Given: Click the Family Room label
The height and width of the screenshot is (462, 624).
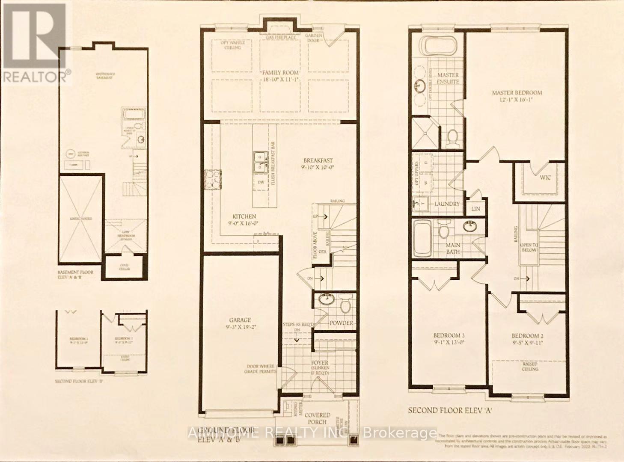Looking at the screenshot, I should [x=280, y=72].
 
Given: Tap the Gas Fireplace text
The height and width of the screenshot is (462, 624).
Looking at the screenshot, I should [x=280, y=37].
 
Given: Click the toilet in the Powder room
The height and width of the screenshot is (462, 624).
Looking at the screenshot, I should [x=345, y=305].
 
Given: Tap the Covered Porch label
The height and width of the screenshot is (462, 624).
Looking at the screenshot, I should [x=317, y=418].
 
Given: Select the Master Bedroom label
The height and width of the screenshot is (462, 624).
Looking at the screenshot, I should [x=517, y=92].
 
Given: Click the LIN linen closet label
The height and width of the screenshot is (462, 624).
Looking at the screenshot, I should [x=475, y=208].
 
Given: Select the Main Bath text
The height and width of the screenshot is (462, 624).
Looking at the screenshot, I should [x=453, y=249].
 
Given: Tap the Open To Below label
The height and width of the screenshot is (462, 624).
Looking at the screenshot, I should [x=528, y=247].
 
